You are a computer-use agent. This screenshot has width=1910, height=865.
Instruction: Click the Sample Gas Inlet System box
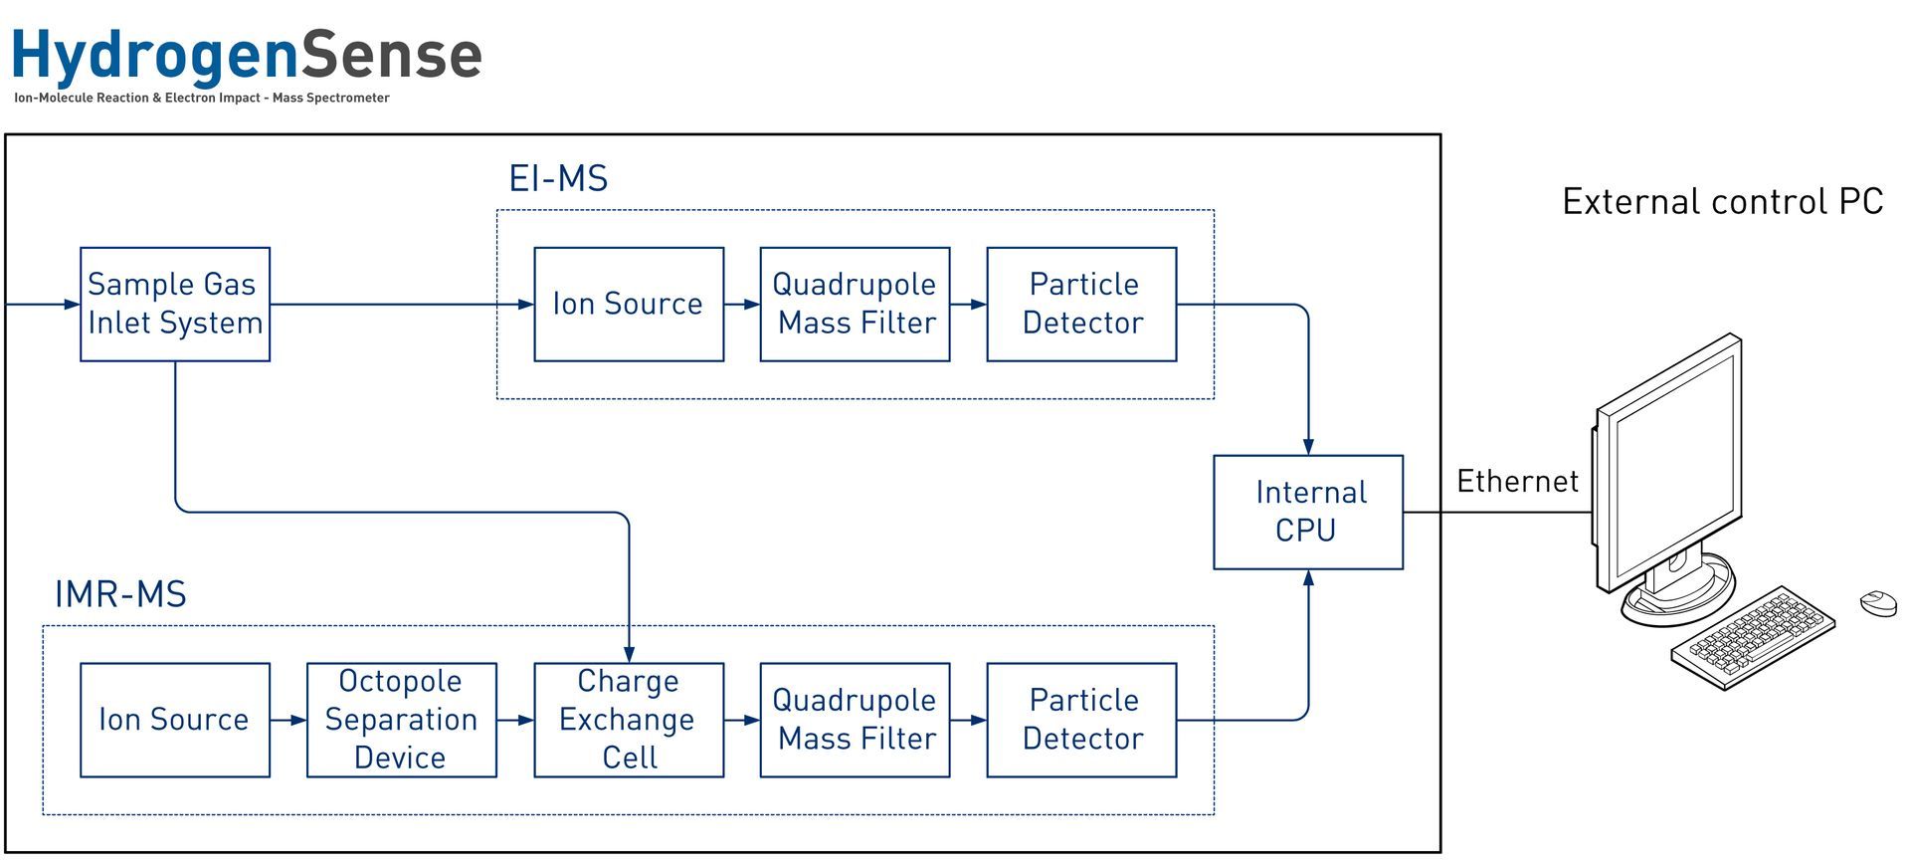click(x=175, y=304)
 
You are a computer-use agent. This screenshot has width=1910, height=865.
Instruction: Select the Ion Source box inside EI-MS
click(x=629, y=304)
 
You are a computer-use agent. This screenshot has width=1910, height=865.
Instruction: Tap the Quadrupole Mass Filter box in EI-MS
click(x=855, y=304)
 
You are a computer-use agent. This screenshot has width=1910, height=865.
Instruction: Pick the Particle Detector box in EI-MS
click(x=1081, y=304)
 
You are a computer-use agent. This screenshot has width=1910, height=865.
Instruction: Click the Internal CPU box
click(x=1308, y=512)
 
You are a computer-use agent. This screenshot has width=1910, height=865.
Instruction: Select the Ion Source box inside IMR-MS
click(x=175, y=720)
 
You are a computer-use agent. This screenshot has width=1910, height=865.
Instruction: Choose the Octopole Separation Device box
click(x=401, y=720)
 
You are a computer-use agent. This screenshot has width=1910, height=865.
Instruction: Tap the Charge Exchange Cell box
click(x=629, y=720)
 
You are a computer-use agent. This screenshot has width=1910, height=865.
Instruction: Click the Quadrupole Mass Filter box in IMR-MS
click(x=855, y=720)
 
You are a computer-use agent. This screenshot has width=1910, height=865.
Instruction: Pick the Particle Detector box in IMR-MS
click(x=1081, y=720)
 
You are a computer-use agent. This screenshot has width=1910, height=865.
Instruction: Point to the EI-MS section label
click(x=558, y=179)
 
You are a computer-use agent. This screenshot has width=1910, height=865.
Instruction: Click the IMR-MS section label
click(x=120, y=595)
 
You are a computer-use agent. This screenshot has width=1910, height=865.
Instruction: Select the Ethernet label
click(x=1517, y=482)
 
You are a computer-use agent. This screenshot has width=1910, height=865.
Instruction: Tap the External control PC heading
click(x=1722, y=202)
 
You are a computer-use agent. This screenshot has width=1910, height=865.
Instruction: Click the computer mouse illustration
click(x=1878, y=602)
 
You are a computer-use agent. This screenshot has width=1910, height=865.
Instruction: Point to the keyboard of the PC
click(x=1753, y=636)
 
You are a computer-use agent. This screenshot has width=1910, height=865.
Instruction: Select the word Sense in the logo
click(x=391, y=55)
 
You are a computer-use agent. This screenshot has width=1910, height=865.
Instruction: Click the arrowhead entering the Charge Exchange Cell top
click(x=629, y=654)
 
